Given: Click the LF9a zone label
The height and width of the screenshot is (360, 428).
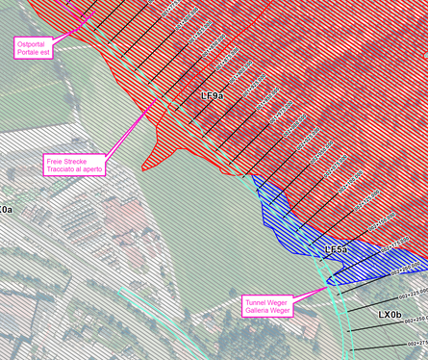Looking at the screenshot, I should (212, 96).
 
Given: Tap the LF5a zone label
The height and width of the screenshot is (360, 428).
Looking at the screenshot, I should (336, 250).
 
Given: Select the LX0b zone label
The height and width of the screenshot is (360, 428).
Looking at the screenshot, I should (389, 314).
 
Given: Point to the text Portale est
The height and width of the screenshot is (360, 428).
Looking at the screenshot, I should (33, 52).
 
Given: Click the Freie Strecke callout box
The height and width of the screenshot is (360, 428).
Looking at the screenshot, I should (74, 164).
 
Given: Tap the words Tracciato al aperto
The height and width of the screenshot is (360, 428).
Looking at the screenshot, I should (74, 168).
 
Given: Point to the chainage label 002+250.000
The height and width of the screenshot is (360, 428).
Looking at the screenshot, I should (415, 319).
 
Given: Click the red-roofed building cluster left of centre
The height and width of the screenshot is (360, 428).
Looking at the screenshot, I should (120, 217).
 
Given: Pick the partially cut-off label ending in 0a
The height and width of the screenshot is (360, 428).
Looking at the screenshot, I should (5, 209).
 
